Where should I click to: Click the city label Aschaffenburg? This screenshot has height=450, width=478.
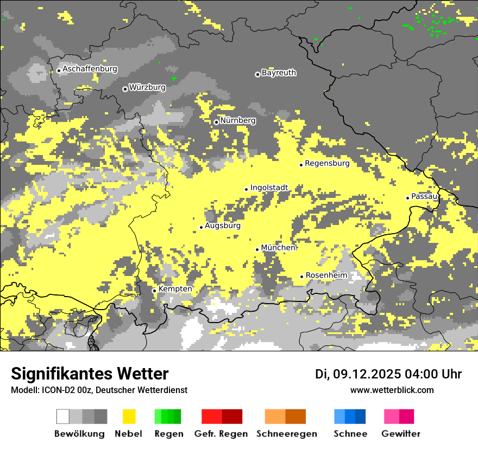click(x=90, y=69)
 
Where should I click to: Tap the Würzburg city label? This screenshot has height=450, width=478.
click(x=147, y=87)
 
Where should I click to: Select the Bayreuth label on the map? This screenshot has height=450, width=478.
click(x=279, y=73)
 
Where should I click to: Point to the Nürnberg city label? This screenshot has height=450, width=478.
click(x=237, y=120)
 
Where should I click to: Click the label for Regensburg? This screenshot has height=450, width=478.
click(x=327, y=163)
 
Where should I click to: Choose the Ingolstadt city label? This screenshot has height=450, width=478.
click(x=269, y=188)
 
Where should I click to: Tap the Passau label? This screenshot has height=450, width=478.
click(x=424, y=196)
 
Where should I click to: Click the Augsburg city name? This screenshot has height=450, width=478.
click(x=223, y=226)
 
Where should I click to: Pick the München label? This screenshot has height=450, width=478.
click(x=278, y=248)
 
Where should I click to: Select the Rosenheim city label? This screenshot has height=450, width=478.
click(x=326, y=275)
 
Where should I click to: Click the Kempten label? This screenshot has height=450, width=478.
click(x=175, y=289)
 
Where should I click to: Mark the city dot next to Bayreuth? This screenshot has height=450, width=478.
click(x=257, y=74)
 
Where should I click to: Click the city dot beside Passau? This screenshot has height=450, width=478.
click(x=407, y=198)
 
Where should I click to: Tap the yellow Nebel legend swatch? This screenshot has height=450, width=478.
click(x=129, y=416)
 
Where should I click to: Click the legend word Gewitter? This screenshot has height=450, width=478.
click(x=401, y=434)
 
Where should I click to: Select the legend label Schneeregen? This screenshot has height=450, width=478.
click(x=287, y=434)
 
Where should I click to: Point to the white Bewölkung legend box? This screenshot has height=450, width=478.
click(x=63, y=416)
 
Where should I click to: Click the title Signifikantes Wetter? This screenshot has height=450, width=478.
click(x=90, y=374)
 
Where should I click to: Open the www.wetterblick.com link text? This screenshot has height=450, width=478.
click(x=392, y=390)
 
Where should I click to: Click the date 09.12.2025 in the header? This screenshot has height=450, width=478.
click(x=367, y=374)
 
